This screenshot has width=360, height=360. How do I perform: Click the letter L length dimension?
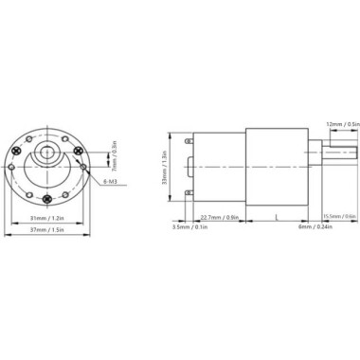point(276,217)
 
